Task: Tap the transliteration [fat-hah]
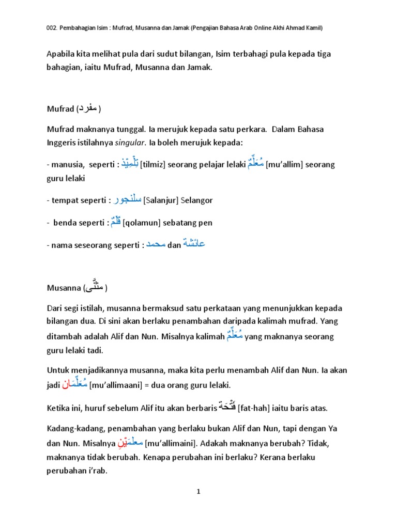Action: pos(253,408)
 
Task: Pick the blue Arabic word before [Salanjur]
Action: pos(127,199)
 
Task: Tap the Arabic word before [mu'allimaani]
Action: pos(75,384)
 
